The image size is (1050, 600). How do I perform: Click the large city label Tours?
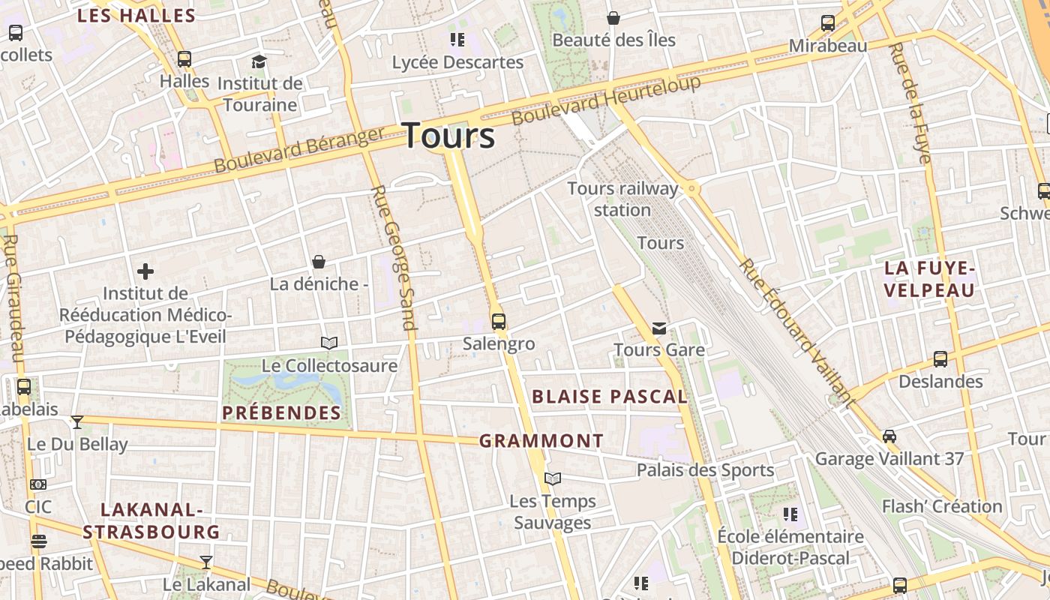[x=449, y=136]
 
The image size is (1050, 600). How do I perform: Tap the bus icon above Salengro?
[x=499, y=322]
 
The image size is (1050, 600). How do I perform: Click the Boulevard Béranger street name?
[x=299, y=150]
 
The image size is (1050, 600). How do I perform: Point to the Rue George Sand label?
[x=394, y=257]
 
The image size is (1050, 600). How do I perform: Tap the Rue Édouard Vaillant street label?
[x=796, y=334]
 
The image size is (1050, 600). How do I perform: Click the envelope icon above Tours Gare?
[x=659, y=328]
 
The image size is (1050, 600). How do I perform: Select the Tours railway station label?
[x=622, y=199]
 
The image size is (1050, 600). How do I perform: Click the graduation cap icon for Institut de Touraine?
[x=259, y=61]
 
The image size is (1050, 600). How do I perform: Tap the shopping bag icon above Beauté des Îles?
[x=613, y=18]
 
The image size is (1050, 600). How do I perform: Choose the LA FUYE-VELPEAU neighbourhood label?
[x=929, y=279]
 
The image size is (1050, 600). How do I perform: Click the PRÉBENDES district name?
[x=282, y=412]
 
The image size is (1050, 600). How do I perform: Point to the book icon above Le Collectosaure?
[x=329, y=343]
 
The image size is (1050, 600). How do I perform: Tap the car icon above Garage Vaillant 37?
[x=889, y=436]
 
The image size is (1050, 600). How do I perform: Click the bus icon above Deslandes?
[x=940, y=359]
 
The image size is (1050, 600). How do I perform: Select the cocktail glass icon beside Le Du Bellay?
[x=77, y=421]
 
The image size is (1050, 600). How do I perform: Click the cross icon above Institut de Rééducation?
[x=145, y=271]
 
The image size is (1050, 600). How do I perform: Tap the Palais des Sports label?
[x=705, y=470]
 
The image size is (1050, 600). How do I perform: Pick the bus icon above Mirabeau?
[x=828, y=23]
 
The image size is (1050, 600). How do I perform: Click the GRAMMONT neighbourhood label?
[x=541, y=441]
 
